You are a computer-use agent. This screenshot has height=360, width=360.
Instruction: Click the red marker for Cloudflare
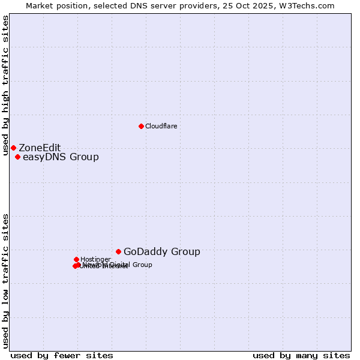[x=141, y=126]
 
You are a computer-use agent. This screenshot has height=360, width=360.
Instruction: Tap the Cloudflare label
[x=161, y=126]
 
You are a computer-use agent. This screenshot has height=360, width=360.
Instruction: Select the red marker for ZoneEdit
[x=13, y=148]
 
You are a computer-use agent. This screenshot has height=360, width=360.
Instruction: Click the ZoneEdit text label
[x=40, y=148]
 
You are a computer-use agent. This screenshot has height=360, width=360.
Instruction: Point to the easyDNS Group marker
[x=17, y=157]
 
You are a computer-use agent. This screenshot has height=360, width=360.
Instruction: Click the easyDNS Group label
[x=61, y=157]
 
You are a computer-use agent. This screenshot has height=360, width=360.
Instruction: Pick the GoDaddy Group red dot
[x=118, y=251]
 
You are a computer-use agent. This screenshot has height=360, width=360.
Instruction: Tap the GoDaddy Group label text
[x=162, y=252]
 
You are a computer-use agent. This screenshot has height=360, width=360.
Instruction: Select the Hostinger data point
[x=76, y=259]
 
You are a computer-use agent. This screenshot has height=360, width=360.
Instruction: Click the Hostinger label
[x=95, y=259]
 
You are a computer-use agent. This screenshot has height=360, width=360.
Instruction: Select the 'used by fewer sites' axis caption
[x=62, y=355]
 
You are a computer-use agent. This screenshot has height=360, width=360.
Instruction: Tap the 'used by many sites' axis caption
[x=301, y=355]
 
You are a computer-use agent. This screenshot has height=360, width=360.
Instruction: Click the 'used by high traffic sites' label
[x=5, y=85]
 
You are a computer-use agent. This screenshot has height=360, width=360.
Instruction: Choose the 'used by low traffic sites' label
[x=5, y=281]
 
